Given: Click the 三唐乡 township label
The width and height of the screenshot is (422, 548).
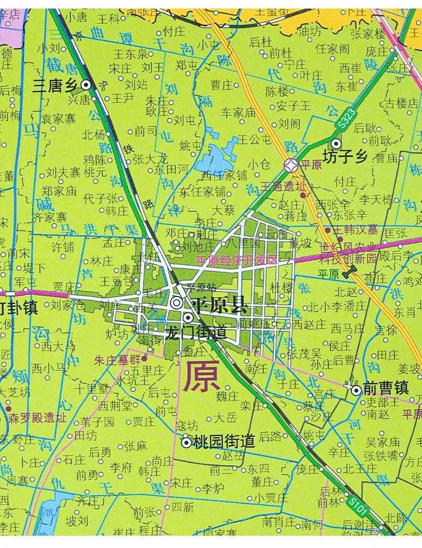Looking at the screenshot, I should tap(55, 85).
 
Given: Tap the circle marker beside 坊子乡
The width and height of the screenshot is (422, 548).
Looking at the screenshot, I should tap(336, 143).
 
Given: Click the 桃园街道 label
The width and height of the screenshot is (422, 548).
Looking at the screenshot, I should tap(225, 441).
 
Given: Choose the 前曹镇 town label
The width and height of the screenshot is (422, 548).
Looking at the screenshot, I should tap(386, 389).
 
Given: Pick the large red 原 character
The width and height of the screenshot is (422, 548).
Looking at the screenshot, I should tap(199, 376).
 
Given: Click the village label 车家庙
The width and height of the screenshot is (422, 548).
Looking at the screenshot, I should tap(238, 112).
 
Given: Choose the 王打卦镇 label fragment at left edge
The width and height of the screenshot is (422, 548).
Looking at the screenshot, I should tap(18, 307).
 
